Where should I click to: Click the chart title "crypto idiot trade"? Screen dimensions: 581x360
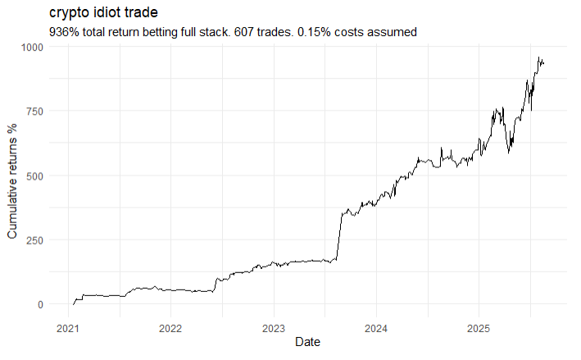point(103,12)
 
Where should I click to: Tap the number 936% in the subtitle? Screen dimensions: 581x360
point(64,32)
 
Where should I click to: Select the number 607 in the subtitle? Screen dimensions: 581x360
point(244,32)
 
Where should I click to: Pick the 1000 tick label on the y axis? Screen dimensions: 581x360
point(32,47)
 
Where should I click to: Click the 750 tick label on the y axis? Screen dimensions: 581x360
point(35,112)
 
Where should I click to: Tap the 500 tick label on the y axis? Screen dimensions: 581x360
point(35,175)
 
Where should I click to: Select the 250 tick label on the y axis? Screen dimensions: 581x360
point(35,240)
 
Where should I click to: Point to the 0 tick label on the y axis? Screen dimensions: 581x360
point(40,305)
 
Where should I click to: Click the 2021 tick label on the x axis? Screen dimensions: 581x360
point(68,329)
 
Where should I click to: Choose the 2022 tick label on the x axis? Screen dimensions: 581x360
point(170,329)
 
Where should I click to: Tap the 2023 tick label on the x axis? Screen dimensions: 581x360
point(274,329)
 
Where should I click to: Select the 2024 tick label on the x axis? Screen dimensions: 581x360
point(376,329)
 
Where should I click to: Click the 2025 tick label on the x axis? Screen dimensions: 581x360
point(479,329)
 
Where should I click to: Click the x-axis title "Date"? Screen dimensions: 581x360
point(307,341)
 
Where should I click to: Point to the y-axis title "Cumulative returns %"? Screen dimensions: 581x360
point(12,181)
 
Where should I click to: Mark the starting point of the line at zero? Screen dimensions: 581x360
point(74,304)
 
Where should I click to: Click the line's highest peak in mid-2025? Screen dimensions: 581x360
point(538,57)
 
